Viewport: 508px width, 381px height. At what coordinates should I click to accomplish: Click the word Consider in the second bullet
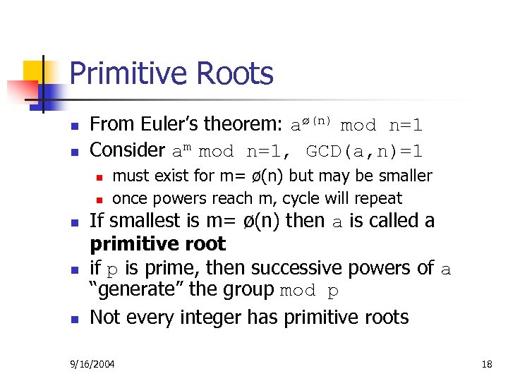coord(128,150)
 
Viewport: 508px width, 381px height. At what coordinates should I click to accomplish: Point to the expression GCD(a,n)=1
coord(365,150)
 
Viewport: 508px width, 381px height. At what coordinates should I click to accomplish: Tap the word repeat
coord(379,199)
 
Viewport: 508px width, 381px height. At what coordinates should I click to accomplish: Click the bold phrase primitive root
coord(158,244)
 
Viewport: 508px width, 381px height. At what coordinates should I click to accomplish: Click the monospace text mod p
coord(310,291)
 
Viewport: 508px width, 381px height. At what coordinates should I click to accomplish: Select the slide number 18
coord(486,364)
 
